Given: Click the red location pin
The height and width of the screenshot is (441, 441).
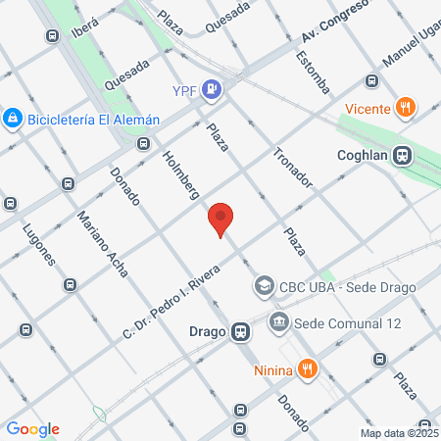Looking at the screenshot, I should point(221,220).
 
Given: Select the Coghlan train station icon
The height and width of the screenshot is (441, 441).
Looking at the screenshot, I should point(402,156).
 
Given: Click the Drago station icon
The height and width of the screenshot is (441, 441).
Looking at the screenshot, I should point(240,331).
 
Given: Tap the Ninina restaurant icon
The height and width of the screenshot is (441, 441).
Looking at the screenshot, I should point(308,368).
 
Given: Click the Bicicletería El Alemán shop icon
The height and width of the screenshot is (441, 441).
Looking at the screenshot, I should point(13,119).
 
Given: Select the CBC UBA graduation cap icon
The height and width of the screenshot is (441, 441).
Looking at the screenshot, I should point(264,287).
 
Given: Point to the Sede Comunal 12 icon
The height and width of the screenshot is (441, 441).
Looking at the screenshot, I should point(278,320).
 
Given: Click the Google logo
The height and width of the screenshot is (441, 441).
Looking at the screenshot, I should point(32,428).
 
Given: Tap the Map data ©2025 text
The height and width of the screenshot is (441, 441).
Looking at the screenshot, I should point(399,432).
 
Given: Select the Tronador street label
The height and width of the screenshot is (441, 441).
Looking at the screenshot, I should point(292,168).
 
